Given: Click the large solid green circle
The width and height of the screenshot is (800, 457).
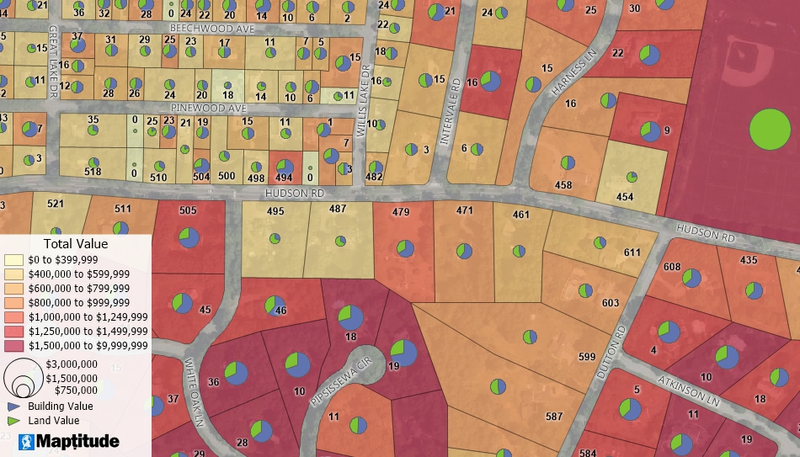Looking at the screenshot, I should pyautogui.click(x=770, y=130).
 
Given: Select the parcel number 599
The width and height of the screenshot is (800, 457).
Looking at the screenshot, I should pyautogui.click(x=587, y=357).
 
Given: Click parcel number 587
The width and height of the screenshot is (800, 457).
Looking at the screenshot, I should pyautogui.click(x=553, y=417).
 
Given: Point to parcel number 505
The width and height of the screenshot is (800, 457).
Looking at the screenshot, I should pyautogui.click(x=188, y=210).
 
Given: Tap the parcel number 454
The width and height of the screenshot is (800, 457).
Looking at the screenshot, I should pyautogui.click(x=624, y=197).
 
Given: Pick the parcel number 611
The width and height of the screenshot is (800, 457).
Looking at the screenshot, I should pyautogui.click(x=632, y=252).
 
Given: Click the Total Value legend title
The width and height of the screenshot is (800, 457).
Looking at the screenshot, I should pyautogui.click(x=75, y=244).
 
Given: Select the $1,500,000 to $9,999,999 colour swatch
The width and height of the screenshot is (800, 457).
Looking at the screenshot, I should pyautogui.click(x=14, y=346).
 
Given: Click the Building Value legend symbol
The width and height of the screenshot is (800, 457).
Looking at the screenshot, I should pyautogui.click(x=13, y=406).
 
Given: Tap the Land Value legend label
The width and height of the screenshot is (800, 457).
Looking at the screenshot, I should pyautogui.click(x=53, y=421).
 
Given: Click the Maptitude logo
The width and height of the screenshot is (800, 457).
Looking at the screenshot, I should pyautogui.click(x=68, y=441).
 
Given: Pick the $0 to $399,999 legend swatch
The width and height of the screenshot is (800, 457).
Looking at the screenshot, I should pyautogui.click(x=14, y=260).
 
